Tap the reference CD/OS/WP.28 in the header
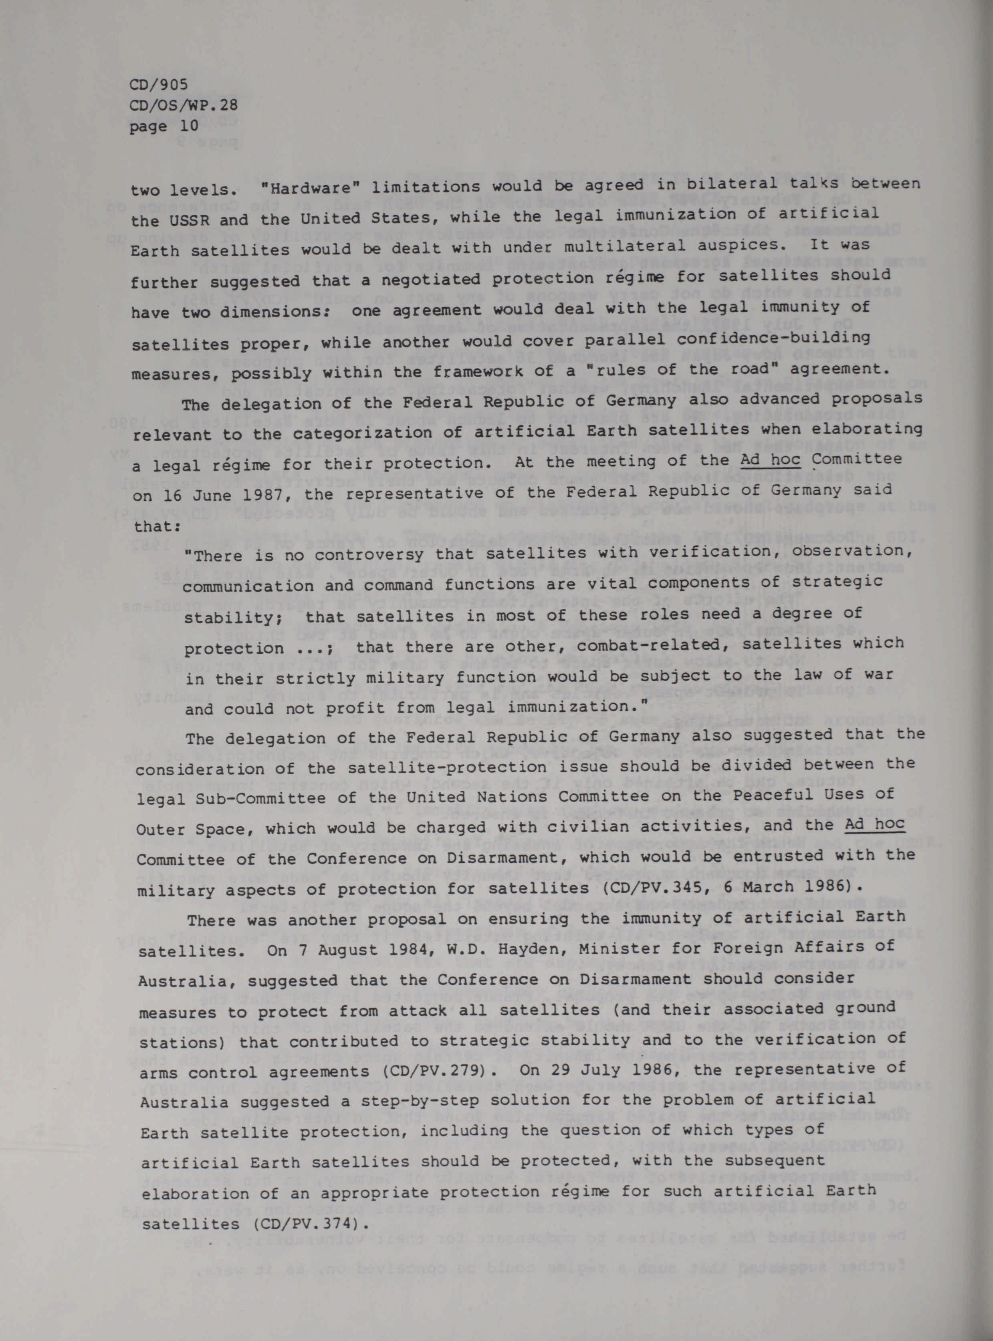184,106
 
